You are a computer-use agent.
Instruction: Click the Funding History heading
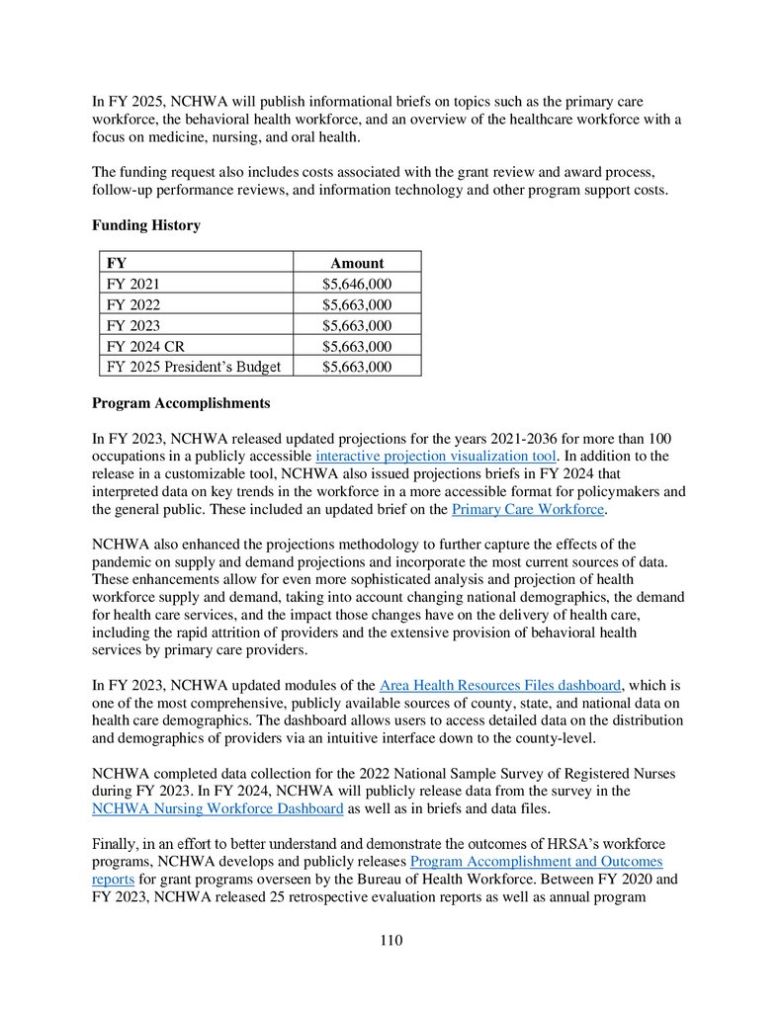tap(146, 225)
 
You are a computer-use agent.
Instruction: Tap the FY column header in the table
tap(116, 263)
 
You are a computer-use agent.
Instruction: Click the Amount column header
tap(357, 263)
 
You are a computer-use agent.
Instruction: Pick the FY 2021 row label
tap(132, 284)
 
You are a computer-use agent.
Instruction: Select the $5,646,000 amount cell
tap(357, 284)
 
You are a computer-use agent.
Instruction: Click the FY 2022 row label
tap(132, 304)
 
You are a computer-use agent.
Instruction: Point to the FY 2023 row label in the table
tap(132, 325)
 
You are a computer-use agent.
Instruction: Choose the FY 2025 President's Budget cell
tap(194, 367)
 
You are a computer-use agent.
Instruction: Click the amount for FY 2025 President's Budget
tap(357, 367)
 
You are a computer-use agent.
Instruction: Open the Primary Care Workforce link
tap(528, 509)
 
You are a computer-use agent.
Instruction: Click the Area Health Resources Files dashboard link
tap(501, 685)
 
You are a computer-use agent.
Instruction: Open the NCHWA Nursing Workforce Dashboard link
tap(217, 809)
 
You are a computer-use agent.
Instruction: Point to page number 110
tap(391, 941)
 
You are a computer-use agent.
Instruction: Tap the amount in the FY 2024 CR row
tap(357, 346)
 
